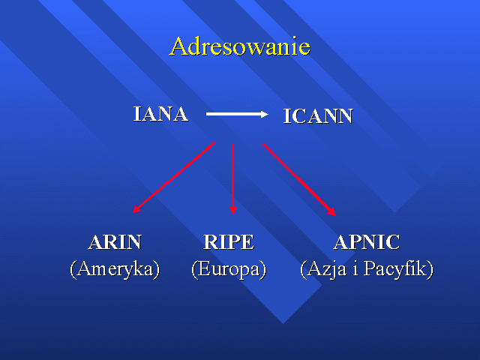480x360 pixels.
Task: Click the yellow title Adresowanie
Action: tap(240, 46)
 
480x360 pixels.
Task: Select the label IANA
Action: tap(160, 114)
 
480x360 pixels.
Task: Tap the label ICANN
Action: tap(318, 116)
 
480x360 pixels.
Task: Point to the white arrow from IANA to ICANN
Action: tap(237, 114)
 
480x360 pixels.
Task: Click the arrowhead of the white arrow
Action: tap(265, 114)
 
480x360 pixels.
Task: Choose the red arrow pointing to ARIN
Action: tap(173, 177)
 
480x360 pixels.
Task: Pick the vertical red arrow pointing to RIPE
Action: tap(233, 178)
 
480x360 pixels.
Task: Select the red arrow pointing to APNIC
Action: tap(299, 180)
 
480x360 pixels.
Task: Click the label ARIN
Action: tap(115, 242)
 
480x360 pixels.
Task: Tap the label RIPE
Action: tap(229, 242)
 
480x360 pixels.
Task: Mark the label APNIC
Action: tap(367, 242)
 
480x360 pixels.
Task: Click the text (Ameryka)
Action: tap(115, 270)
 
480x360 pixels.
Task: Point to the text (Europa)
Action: tap(229, 270)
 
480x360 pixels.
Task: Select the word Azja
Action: tap(327, 269)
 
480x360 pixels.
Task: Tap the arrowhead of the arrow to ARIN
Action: tap(136, 209)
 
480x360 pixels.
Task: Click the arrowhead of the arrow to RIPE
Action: tap(233, 210)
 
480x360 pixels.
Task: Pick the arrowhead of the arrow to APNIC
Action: tap(332, 212)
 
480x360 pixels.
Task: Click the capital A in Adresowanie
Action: tap(179, 46)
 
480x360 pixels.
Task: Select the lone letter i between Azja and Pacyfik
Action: tap(355, 268)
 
